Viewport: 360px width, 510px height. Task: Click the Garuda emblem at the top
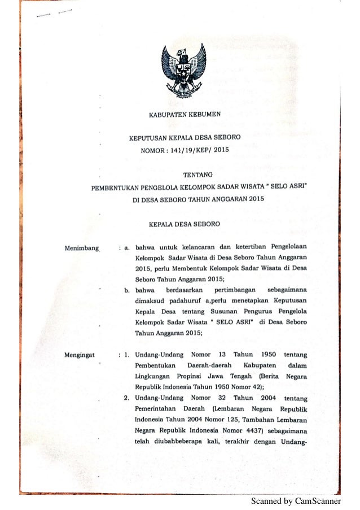pos(184,70)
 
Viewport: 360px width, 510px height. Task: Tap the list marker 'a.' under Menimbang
pos(127,247)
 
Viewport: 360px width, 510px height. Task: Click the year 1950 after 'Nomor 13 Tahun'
pos(265,355)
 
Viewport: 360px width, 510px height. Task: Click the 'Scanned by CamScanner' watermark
pos(296,500)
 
